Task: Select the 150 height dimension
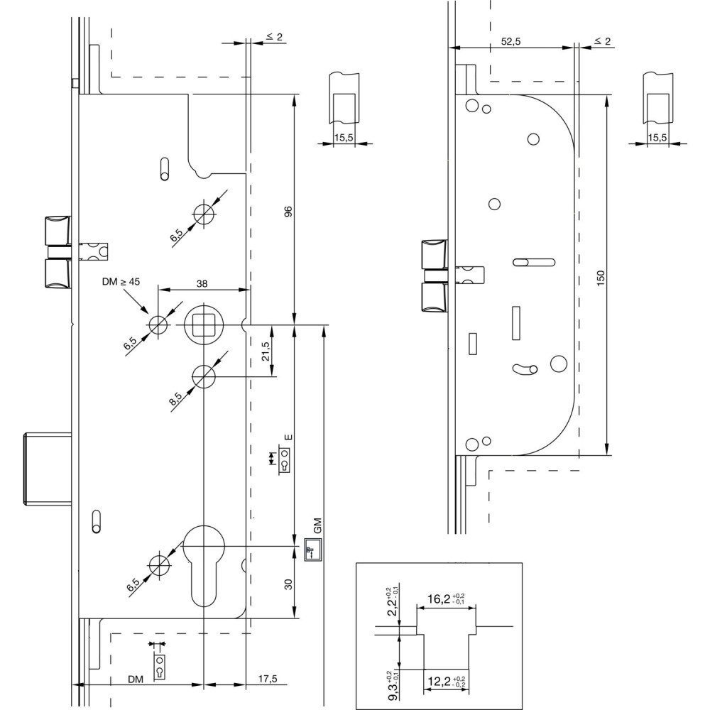click(x=601, y=278)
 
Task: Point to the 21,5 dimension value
click(x=266, y=352)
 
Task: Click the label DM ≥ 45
click(x=121, y=282)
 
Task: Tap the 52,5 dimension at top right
click(x=511, y=42)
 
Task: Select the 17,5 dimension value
click(x=267, y=679)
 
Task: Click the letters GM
click(x=317, y=526)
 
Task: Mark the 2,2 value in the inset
click(x=393, y=602)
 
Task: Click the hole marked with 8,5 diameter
click(x=204, y=376)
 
